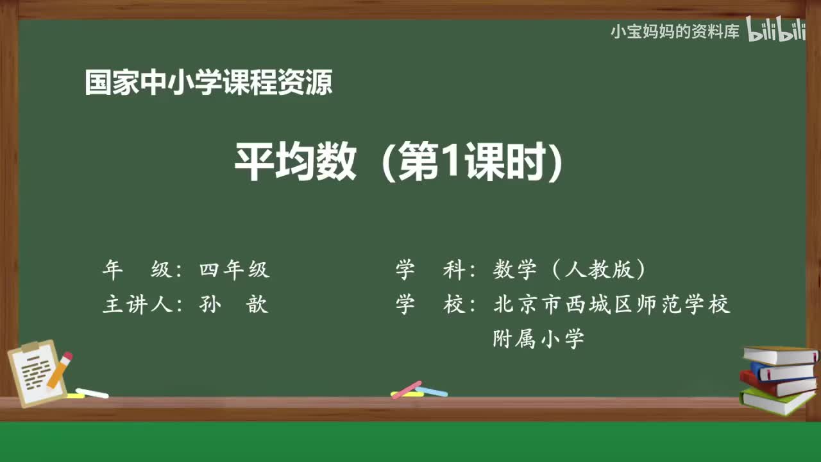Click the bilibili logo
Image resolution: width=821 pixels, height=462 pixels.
click(775, 31)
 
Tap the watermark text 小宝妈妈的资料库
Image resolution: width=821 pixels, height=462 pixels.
click(675, 31)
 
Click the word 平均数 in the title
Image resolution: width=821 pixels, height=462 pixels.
click(294, 162)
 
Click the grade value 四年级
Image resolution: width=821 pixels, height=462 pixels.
click(234, 270)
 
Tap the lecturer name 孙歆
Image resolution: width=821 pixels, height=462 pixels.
click(233, 304)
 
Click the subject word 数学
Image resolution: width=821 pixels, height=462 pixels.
click(514, 270)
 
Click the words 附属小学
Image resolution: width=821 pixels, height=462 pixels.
click(538, 338)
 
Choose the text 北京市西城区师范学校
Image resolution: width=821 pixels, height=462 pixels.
click(612, 304)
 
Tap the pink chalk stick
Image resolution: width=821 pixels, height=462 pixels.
click(407, 389)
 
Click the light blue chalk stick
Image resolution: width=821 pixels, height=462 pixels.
click(432, 391)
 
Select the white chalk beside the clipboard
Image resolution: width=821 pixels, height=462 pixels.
click(92, 393)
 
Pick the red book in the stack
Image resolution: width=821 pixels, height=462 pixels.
click(776, 384)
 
